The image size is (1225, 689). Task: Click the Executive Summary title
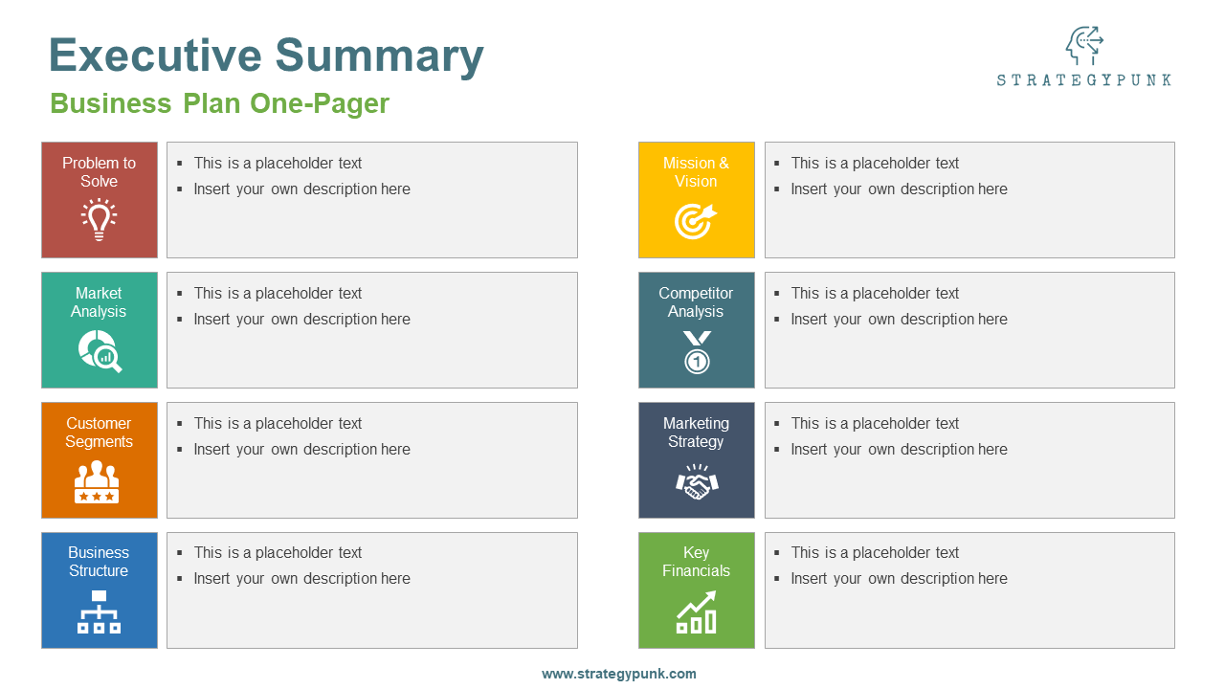click(266, 56)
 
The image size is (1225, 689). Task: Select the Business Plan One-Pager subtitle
click(219, 103)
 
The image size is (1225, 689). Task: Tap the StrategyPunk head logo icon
click(1083, 45)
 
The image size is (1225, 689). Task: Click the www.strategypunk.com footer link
click(619, 674)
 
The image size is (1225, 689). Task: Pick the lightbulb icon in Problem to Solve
click(99, 219)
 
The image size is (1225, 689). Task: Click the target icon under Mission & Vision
click(695, 221)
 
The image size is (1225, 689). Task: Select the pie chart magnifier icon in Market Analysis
click(100, 350)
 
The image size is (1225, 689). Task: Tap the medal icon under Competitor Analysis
click(697, 352)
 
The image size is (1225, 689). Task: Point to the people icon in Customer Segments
click(97, 481)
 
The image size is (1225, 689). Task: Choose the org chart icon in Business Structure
click(99, 611)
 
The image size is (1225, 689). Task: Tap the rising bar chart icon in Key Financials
click(697, 612)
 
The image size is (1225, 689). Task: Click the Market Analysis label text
click(99, 302)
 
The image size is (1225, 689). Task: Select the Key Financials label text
click(696, 562)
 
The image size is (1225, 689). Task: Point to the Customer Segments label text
click(99, 433)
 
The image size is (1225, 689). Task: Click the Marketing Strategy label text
click(696, 433)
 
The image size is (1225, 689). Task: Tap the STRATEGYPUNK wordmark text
click(1083, 80)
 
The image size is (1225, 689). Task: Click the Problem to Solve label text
click(99, 172)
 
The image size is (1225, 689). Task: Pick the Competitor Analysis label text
click(696, 302)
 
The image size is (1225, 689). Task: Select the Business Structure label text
click(99, 562)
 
